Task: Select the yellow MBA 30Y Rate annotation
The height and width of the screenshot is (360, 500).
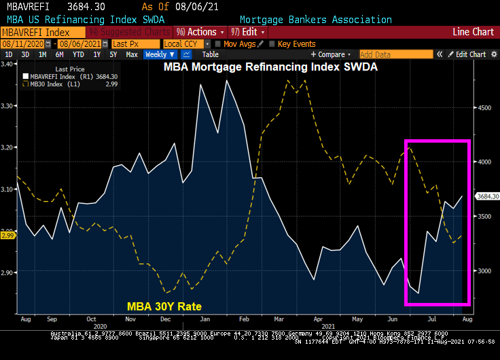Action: (x=164, y=306)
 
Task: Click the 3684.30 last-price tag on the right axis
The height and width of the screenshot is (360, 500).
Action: (x=484, y=196)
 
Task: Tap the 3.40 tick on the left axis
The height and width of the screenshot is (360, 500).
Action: (x=8, y=64)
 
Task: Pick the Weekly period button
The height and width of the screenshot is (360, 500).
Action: (x=160, y=54)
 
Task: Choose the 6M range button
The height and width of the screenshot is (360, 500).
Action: (x=60, y=54)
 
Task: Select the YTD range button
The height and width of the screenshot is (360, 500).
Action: (x=78, y=54)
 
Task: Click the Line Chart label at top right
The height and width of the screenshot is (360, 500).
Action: (x=473, y=32)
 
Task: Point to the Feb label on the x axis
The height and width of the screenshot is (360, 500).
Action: (x=245, y=318)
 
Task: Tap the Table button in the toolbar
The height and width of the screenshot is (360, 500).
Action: (x=211, y=54)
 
